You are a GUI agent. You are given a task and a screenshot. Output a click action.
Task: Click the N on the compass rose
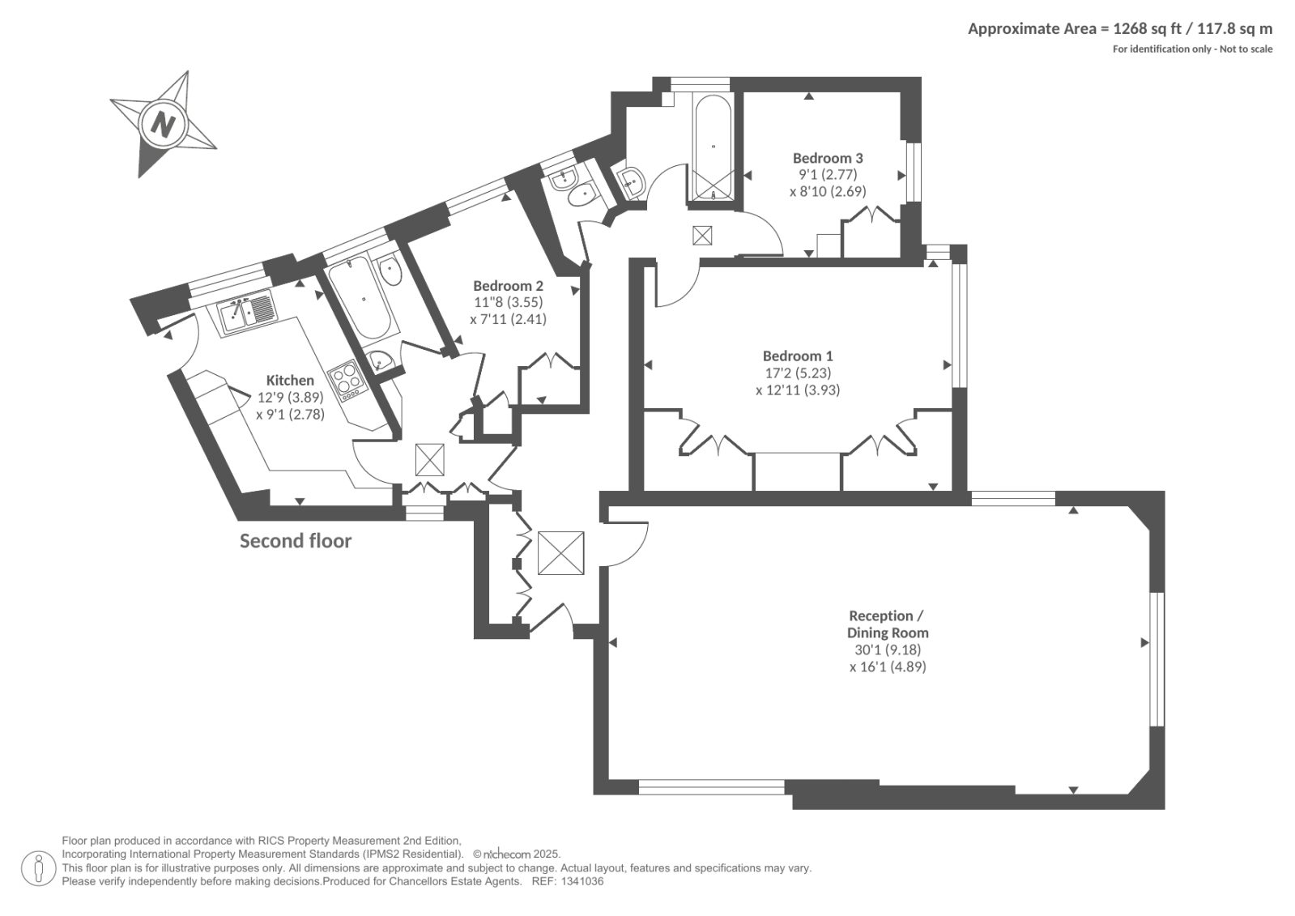click(163, 124)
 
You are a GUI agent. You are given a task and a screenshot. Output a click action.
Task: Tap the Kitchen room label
click(290, 380)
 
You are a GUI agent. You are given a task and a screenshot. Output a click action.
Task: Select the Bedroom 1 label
click(798, 356)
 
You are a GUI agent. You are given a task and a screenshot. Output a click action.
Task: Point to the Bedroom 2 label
click(508, 286)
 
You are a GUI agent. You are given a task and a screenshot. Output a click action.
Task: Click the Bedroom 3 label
click(828, 158)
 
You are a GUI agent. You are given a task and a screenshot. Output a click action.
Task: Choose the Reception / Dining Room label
click(888, 624)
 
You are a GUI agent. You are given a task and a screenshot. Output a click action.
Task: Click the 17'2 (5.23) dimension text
click(798, 373)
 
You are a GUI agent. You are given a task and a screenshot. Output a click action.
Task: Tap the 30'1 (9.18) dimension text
click(888, 650)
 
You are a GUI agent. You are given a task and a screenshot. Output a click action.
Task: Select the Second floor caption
click(296, 541)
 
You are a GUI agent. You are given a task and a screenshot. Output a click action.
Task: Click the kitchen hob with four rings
click(347, 379)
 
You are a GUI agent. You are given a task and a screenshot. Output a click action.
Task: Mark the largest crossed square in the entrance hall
click(560, 553)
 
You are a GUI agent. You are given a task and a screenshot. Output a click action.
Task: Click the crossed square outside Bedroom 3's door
click(702, 236)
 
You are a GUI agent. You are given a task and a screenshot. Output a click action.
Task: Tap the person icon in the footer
click(38, 868)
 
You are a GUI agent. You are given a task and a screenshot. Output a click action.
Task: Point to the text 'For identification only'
click(1162, 49)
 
